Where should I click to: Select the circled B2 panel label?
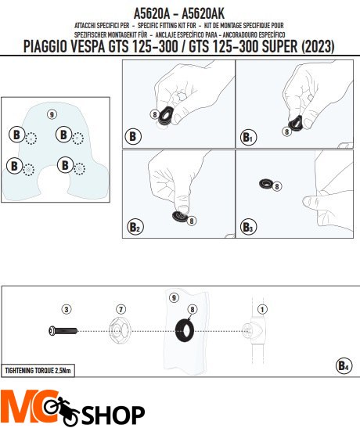[x=134, y=227]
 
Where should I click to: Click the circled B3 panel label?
[x=247, y=227]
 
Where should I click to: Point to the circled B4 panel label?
[x=342, y=365]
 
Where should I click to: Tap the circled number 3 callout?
[x=67, y=310]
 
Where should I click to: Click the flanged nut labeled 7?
[x=121, y=329]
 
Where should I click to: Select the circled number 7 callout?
[x=121, y=310]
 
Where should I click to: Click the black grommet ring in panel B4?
[x=185, y=329]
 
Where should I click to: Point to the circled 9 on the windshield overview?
[x=52, y=114]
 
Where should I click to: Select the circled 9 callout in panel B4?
[x=174, y=298]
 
